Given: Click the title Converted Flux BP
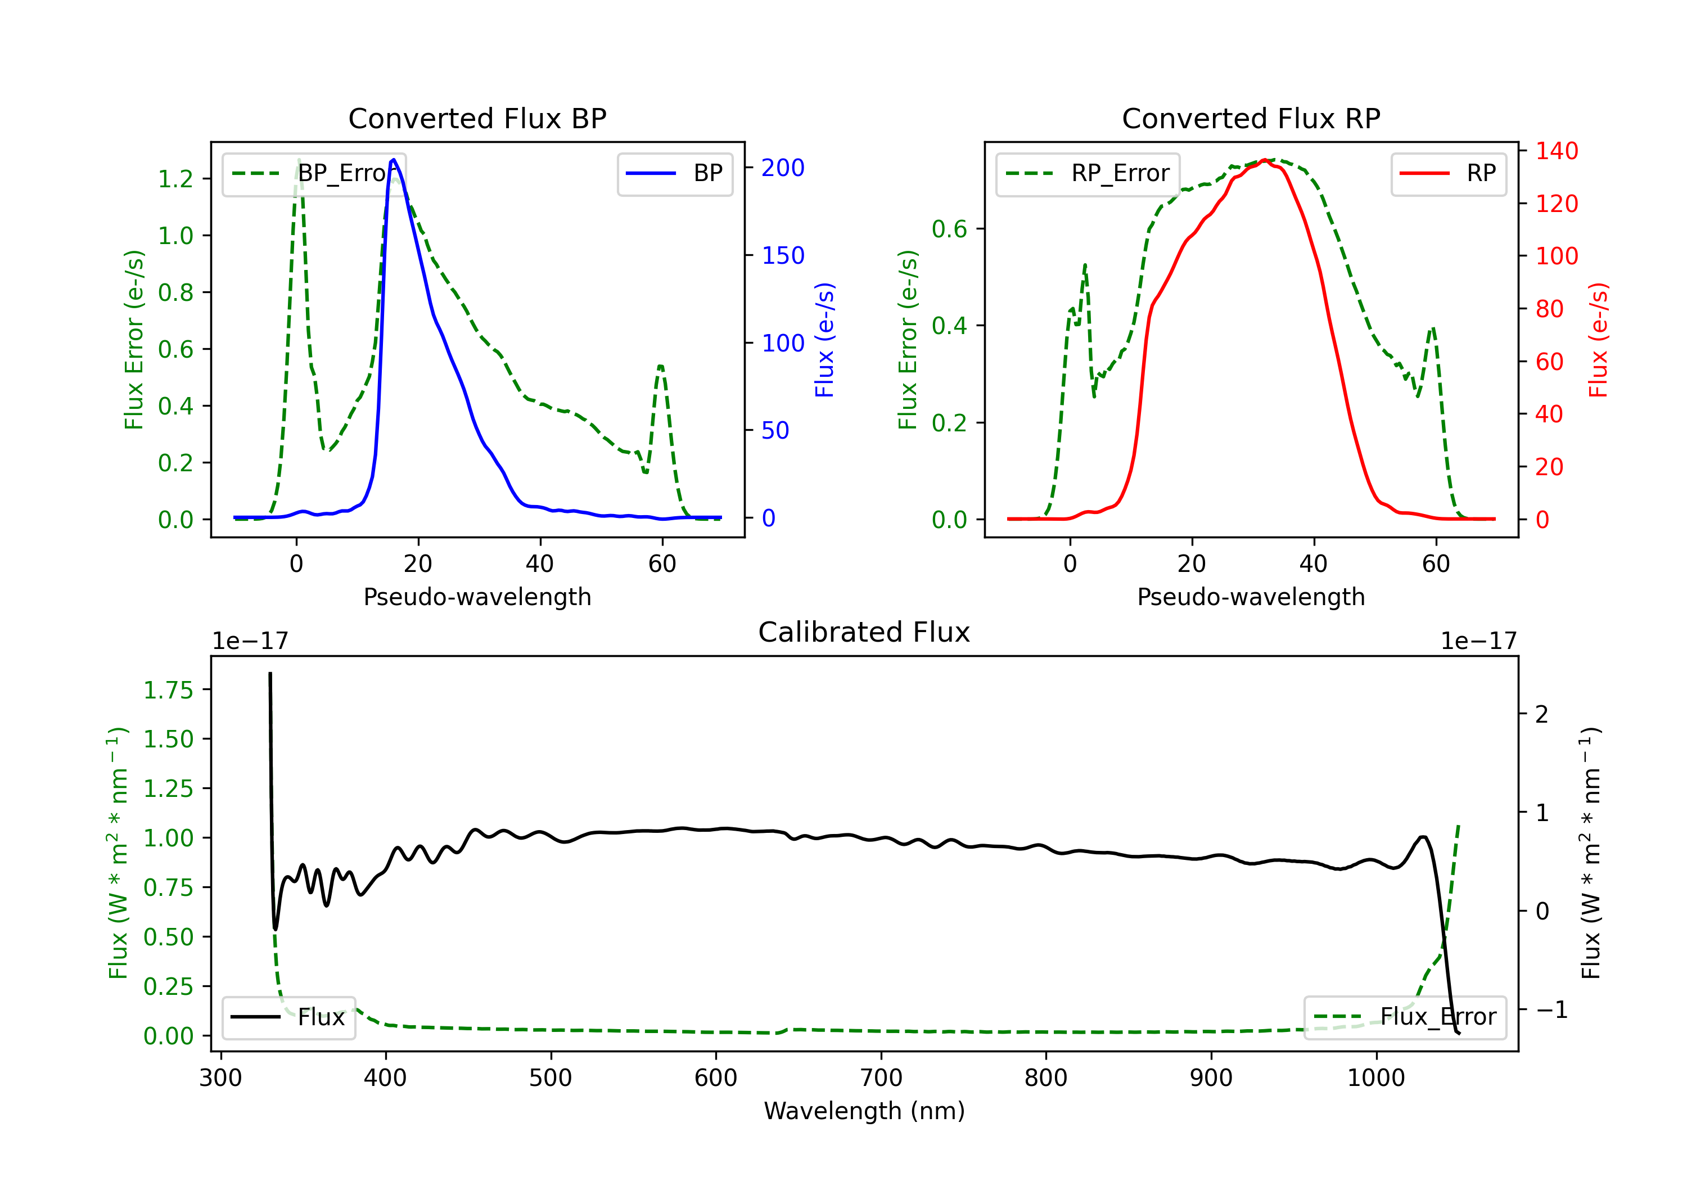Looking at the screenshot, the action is point(477,118).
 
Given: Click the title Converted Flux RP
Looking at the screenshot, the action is point(1251,118).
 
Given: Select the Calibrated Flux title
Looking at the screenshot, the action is point(864,632).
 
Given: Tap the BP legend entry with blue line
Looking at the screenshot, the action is point(674,173).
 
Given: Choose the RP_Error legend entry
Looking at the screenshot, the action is point(1088,173).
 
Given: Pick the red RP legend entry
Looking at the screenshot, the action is point(1448,173).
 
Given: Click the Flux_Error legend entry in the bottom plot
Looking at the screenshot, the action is point(1405,1017).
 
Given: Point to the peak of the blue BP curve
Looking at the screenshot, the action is point(394,160).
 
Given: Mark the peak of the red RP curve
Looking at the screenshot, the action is point(1264,160).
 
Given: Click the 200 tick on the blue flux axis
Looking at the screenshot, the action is point(783,168).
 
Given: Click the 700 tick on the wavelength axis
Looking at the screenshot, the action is point(881,1078).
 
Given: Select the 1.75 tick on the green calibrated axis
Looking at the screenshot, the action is point(168,690).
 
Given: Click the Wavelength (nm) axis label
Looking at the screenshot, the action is point(864,1111).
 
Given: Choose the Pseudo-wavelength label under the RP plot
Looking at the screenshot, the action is point(1251,597).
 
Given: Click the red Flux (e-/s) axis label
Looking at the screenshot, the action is point(1598,340).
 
